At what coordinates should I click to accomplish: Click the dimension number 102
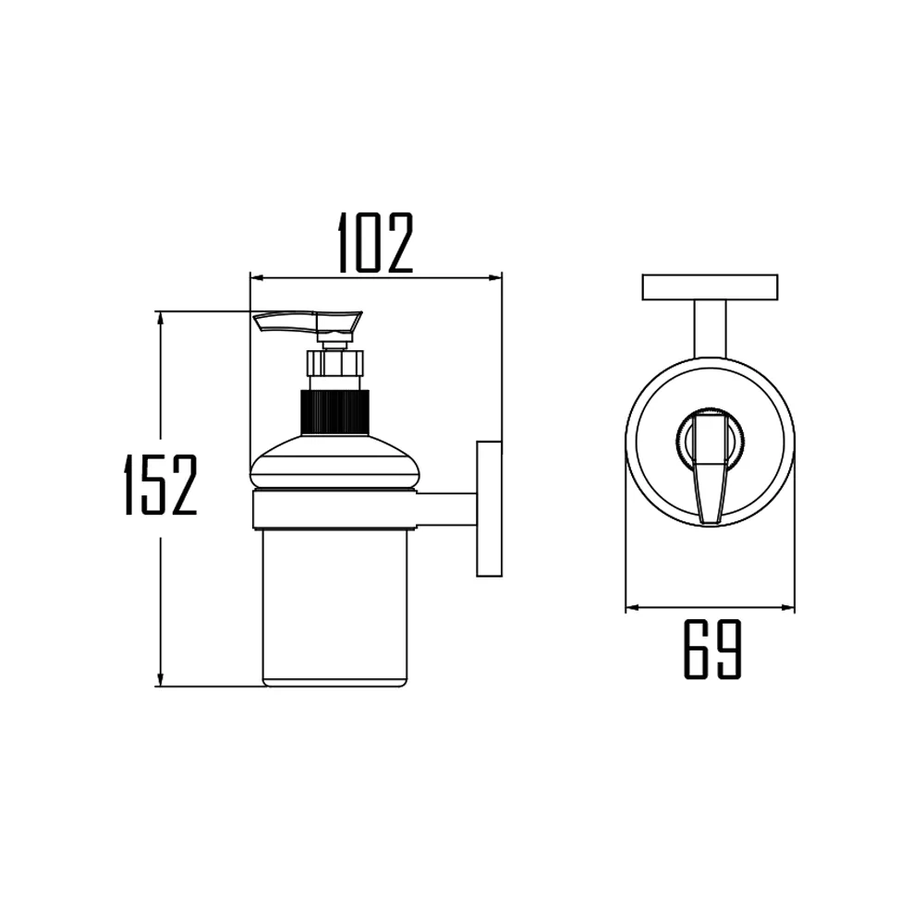[374, 243]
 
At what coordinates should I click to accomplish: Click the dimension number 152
[161, 485]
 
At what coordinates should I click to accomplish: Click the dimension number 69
[712, 650]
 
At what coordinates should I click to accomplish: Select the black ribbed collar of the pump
[334, 413]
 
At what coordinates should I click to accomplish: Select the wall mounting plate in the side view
[489, 509]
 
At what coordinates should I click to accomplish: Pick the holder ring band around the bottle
[334, 509]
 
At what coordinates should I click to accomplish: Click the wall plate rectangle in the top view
[710, 287]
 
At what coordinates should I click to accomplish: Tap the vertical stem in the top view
[709, 329]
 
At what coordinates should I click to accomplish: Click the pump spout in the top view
[709, 467]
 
